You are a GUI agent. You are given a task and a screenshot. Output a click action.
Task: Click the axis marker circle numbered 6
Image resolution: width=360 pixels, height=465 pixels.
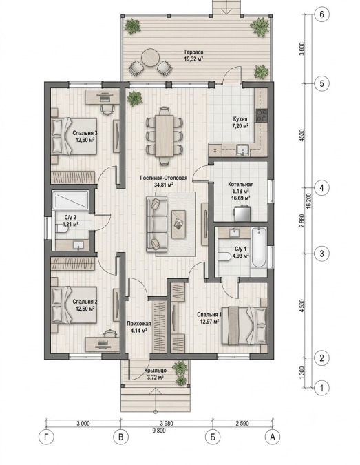(321, 14)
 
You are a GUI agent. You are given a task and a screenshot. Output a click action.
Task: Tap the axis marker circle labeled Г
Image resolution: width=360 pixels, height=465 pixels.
(46, 437)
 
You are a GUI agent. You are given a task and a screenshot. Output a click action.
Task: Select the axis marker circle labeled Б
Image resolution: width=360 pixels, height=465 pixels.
(213, 437)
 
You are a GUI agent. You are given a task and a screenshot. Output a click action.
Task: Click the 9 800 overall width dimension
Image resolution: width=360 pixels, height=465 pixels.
(159, 431)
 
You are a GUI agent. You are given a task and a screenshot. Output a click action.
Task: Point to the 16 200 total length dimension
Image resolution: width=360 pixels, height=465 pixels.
(309, 202)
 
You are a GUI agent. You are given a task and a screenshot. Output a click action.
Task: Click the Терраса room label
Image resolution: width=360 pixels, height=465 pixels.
(193, 52)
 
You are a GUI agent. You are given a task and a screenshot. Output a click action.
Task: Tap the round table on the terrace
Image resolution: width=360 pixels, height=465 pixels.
(150, 58)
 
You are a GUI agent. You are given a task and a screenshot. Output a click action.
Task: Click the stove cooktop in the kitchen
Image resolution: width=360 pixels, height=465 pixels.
(262, 115)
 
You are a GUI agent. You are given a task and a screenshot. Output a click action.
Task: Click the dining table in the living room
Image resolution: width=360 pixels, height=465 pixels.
(164, 136)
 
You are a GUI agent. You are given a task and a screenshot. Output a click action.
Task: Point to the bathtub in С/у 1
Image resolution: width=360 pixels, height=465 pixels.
(259, 247)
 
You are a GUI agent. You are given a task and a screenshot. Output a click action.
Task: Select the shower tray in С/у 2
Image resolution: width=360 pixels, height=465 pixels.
(70, 200)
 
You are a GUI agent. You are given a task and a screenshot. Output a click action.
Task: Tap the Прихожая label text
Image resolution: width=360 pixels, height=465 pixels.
(139, 324)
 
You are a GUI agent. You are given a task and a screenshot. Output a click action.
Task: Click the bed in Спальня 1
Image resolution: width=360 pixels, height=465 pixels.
(244, 325)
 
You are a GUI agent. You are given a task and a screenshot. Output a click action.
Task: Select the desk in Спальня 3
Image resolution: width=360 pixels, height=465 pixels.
(103, 97)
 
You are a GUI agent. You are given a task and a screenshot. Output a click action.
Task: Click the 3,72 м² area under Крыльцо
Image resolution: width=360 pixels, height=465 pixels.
(156, 378)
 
